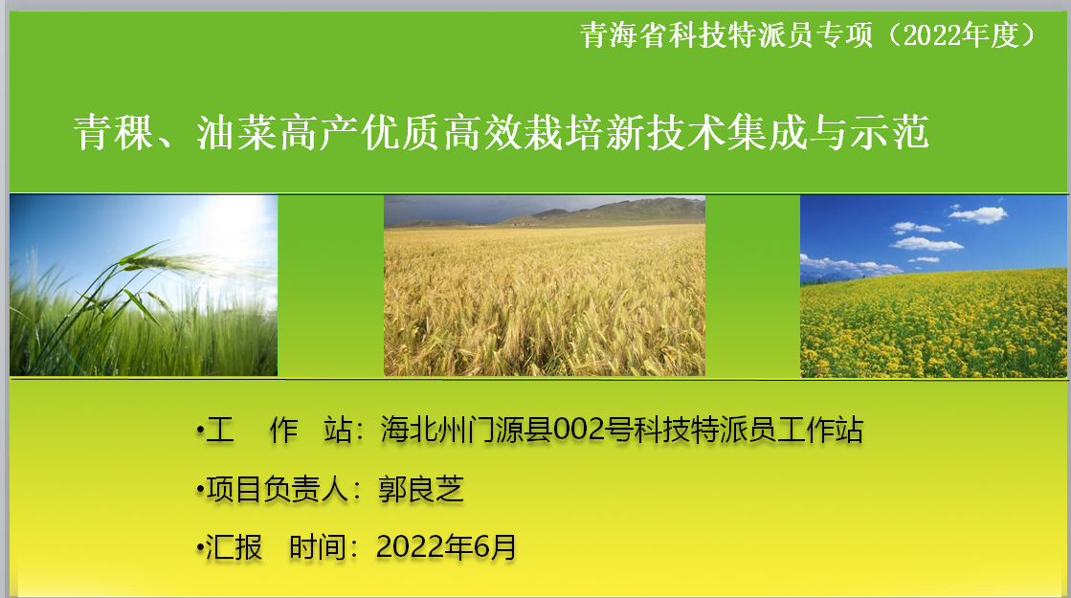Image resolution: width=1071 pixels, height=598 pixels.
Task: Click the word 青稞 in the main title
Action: (114, 132)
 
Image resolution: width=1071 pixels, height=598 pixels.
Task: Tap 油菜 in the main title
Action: (237, 132)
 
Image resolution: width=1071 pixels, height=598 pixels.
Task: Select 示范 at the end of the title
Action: (889, 132)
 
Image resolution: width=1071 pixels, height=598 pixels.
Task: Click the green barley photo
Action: (144, 285)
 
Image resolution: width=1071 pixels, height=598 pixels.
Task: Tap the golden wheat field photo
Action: (545, 286)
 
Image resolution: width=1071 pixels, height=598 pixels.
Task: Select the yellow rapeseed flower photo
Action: (933, 286)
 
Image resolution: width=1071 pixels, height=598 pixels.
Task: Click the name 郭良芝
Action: (421, 489)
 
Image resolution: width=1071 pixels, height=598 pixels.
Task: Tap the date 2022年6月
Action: (446, 546)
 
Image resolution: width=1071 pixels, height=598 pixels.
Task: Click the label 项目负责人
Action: (278, 489)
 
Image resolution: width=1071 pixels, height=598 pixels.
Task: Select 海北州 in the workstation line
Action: (424, 430)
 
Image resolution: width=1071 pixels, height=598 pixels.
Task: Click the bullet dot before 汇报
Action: (200, 547)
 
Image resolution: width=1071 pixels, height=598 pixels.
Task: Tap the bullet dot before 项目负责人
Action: (200, 490)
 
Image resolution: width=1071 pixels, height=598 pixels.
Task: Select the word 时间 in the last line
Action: (319, 546)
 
